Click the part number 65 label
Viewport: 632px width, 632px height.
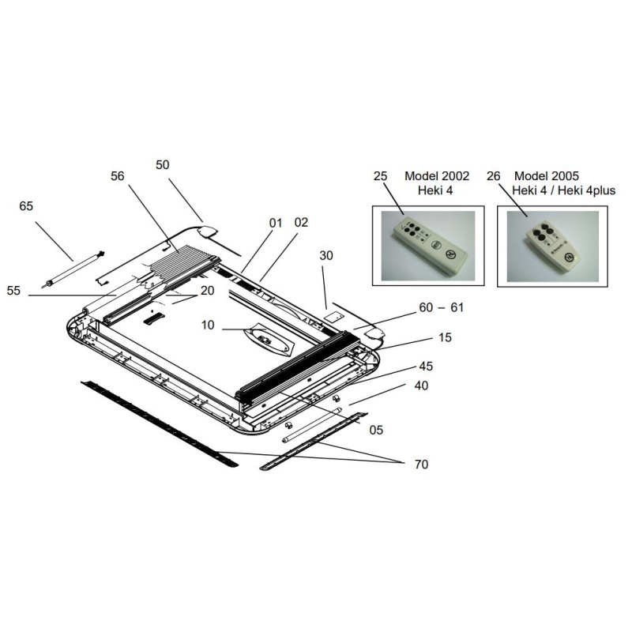(26, 206)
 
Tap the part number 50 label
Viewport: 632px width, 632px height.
(163, 164)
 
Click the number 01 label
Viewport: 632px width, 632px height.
(275, 224)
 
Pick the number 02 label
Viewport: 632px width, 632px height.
(300, 224)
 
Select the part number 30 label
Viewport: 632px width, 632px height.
(327, 256)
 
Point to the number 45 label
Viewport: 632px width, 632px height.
(427, 366)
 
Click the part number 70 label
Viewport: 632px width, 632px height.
(420, 465)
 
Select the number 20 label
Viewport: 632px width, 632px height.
(208, 290)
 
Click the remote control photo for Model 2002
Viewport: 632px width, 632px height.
(424, 244)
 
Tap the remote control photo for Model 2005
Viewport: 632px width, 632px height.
(551, 245)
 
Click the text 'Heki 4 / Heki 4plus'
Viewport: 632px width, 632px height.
(563, 190)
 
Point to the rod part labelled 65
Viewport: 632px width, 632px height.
(74, 269)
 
